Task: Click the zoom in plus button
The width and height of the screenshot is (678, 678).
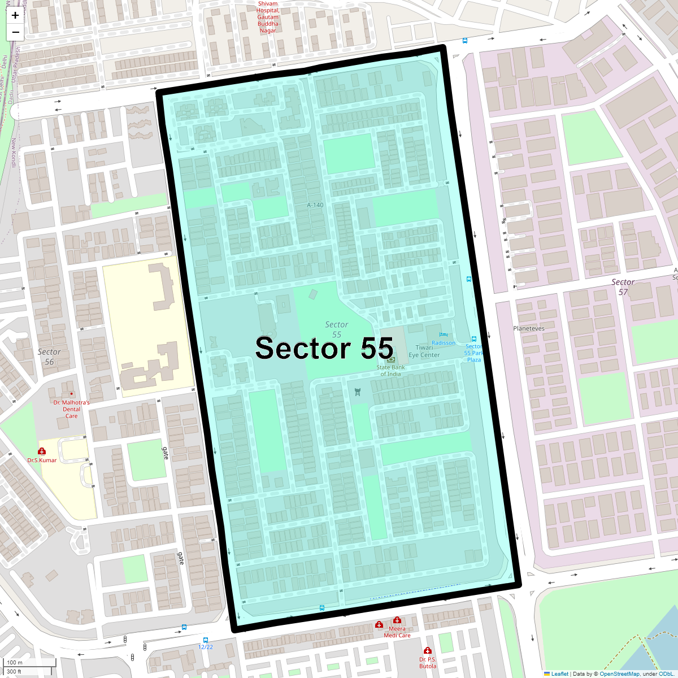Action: click(15, 16)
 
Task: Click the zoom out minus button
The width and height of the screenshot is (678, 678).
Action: click(15, 32)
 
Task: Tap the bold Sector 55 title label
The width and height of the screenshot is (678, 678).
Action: click(324, 348)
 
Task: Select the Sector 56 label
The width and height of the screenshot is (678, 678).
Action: click(49, 357)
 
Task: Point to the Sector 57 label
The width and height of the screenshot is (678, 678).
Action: click(623, 287)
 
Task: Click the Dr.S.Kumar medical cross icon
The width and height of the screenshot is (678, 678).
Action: click(42, 451)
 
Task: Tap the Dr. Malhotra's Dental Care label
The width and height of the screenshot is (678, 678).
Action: click(71, 409)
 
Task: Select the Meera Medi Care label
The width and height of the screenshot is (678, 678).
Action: click(397, 632)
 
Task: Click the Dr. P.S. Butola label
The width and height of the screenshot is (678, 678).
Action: click(428, 663)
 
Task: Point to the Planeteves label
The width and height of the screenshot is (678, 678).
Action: click(529, 328)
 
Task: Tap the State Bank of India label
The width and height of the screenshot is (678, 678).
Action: click(391, 371)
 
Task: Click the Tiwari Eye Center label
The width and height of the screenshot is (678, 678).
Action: click(424, 351)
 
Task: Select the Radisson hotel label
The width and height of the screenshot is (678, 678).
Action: click(444, 343)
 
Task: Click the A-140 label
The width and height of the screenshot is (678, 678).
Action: click(315, 205)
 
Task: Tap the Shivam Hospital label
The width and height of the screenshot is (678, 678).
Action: click(268, 17)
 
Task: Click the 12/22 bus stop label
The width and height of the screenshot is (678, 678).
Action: click(206, 647)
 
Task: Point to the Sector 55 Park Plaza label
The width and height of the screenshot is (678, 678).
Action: click(474, 353)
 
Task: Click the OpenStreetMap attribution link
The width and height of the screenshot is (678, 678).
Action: click(619, 673)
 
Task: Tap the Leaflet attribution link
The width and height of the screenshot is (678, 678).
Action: click(559, 673)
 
